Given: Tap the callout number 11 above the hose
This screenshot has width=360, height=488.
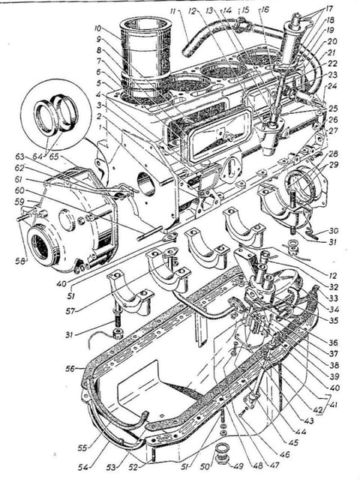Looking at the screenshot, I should (174, 13).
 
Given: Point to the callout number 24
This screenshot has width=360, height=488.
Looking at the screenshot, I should (331, 86).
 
